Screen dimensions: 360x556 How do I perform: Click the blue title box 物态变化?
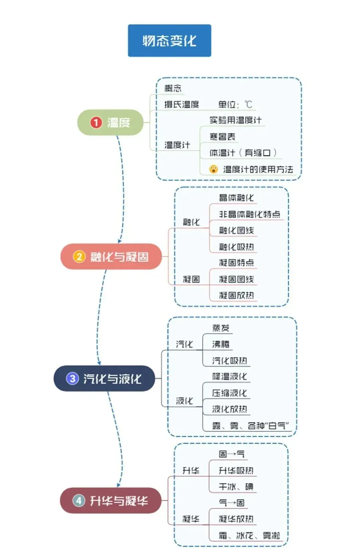(169, 41)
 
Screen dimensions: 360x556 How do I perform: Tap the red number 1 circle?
(96, 122)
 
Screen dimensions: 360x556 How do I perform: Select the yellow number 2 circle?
(79, 257)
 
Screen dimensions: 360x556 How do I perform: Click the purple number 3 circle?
(72, 378)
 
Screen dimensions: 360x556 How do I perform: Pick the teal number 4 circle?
(79, 500)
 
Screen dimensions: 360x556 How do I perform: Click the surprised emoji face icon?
(213, 169)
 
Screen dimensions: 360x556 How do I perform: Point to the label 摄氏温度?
(181, 105)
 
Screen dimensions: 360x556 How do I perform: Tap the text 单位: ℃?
(235, 105)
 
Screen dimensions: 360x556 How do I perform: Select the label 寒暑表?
(222, 137)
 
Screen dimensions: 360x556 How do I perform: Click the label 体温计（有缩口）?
(243, 153)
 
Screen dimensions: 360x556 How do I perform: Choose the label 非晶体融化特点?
(249, 214)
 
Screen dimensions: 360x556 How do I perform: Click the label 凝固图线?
(236, 279)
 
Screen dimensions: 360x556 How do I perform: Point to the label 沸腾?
(221, 344)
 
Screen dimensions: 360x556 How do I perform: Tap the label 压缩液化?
(230, 393)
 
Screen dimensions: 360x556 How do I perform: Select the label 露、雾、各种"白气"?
(250, 426)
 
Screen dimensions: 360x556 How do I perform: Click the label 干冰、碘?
(236, 487)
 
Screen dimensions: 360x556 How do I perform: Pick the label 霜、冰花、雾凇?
(249, 536)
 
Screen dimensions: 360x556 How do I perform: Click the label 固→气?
(232, 454)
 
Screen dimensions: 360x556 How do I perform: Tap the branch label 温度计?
(177, 145)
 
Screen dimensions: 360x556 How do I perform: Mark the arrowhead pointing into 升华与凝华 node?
(118, 485)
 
